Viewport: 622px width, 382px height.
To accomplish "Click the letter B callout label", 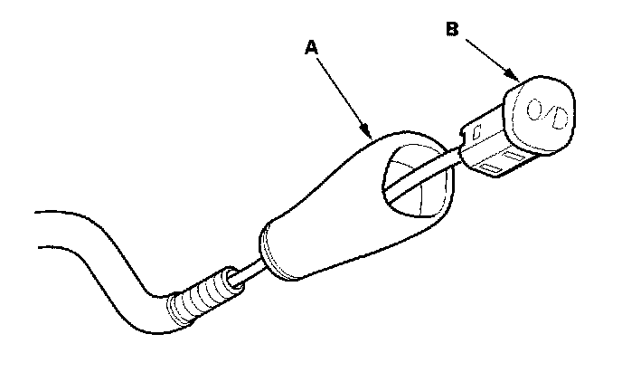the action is [x=452, y=27].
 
